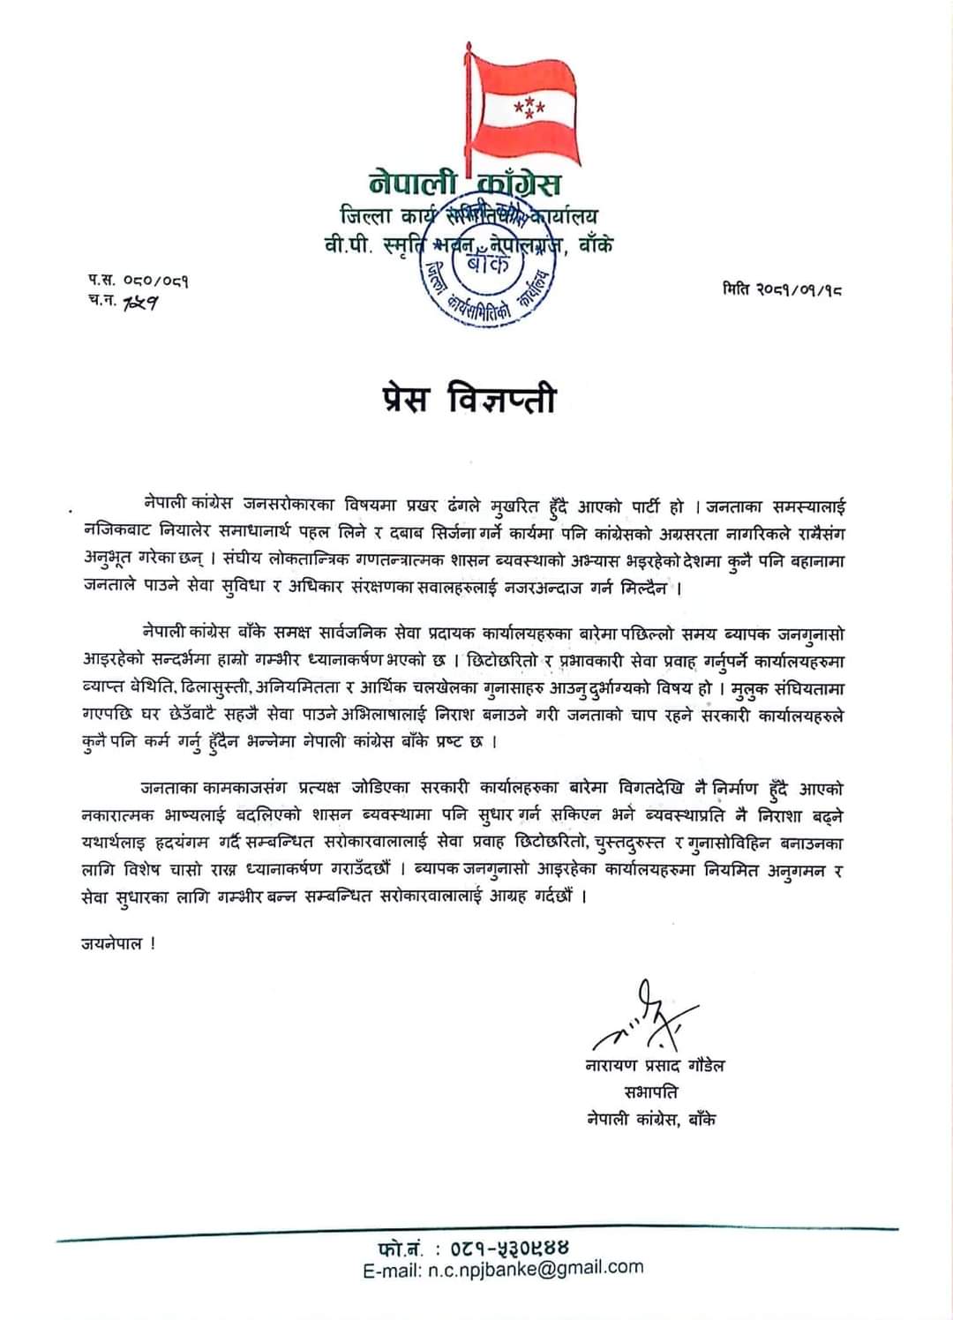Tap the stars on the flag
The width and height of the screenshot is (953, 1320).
(x=529, y=109)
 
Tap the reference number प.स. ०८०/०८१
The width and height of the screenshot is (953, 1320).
(x=138, y=281)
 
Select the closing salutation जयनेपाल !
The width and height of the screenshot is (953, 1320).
(x=118, y=942)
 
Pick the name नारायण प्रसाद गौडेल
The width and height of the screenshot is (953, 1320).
(x=655, y=1066)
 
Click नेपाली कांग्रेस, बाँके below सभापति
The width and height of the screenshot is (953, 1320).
(x=651, y=1120)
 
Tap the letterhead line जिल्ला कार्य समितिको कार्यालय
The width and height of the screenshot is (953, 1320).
(x=469, y=215)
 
